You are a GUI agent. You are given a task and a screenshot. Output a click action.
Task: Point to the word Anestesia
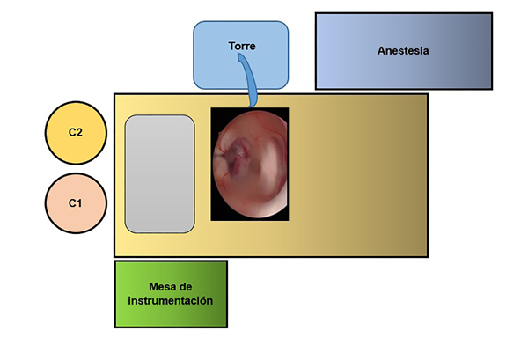403,50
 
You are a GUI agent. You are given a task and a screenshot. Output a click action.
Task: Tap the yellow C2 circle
76,132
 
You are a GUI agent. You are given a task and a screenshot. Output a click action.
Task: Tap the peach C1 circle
76,202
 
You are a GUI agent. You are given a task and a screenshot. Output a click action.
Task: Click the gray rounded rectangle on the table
159,173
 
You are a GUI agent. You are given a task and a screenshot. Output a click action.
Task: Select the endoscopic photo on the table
250,164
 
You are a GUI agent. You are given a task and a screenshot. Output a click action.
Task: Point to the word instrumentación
171,301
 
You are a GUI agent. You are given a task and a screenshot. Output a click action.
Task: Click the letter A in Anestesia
380,50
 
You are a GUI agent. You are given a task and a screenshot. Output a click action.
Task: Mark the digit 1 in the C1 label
80,203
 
